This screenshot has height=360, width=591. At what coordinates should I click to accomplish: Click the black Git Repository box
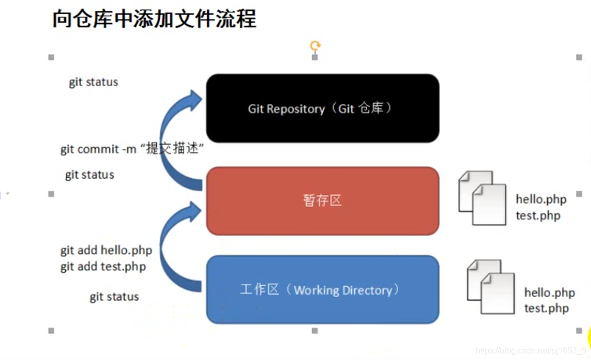point(322,108)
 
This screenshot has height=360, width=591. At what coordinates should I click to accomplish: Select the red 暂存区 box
point(322,201)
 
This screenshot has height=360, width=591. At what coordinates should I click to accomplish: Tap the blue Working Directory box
point(322,289)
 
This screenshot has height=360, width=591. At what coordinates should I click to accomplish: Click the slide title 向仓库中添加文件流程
point(154,19)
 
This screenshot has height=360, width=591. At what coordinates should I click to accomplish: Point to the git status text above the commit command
point(93,82)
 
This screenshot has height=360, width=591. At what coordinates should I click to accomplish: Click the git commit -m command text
point(131,149)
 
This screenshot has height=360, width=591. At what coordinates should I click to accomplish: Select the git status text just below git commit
point(89,175)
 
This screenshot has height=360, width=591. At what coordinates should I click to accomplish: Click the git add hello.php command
point(106,250)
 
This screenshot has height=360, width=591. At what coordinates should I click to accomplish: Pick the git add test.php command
point(103,266)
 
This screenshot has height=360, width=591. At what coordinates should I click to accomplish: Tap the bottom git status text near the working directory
point(114,297)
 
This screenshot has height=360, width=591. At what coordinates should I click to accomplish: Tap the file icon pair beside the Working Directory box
point(490,286)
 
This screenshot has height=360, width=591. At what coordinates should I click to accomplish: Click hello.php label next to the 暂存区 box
point(541,199)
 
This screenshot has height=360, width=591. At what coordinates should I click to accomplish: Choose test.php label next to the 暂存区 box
point(538,215)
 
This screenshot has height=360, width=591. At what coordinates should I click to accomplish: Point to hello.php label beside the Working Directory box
point(549,293)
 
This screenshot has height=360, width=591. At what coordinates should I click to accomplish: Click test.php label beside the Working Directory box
point(546,308)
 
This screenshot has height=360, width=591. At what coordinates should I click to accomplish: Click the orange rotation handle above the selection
point(315,46)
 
